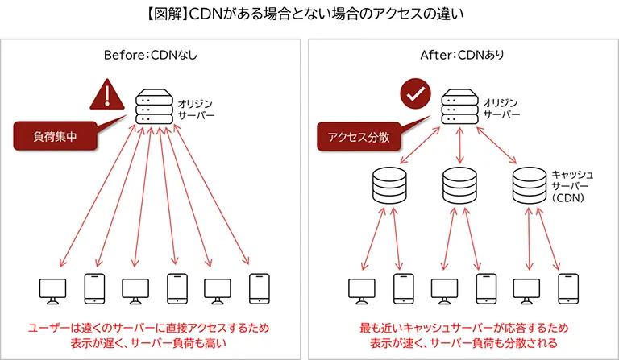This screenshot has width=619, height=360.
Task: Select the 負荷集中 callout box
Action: click(55, 137)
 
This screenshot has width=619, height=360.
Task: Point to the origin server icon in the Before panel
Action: click(152, 105)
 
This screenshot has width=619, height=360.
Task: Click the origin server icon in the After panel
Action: click(459, 105)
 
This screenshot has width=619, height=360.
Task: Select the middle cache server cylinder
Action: click(460, 186)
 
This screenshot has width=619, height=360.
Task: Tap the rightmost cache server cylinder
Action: click(530, 186)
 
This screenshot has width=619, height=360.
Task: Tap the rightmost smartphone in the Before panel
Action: click(259, 288)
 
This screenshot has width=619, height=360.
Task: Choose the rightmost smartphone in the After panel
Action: click(567, 288)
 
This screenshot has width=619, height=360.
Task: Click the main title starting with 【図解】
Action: click(309, 14)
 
